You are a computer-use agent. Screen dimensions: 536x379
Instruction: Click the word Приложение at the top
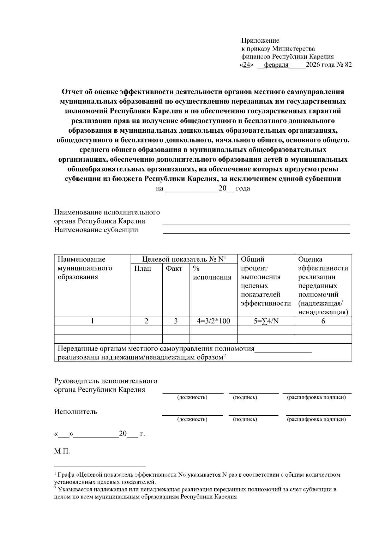[x=260, y=40]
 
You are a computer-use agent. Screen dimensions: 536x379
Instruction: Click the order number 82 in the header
[x=348, y=65]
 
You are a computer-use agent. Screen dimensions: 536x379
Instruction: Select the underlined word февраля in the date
[x=276, y=65]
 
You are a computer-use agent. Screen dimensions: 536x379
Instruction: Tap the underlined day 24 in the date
[x=247, y=65]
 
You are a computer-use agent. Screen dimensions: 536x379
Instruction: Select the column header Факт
[x=174, y=268]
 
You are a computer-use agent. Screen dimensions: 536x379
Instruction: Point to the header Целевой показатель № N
[x=184, y=259]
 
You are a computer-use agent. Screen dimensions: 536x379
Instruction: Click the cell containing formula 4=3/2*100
[x=213, y=321]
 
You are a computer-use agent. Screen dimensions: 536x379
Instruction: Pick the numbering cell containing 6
[x=323, y=321]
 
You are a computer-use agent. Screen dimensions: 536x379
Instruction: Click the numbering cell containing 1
[x=92, y=321]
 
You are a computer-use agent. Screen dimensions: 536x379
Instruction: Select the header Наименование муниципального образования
[x=85, y=268]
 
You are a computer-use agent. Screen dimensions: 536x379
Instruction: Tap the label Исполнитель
[x=75, y=412]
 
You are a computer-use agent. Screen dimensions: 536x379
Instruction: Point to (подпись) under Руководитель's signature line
[x=245, y=397]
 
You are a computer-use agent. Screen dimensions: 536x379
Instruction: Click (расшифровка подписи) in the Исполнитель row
[x=316, y=419]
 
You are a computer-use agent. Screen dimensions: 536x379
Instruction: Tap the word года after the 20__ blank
[x=243, y=189]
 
